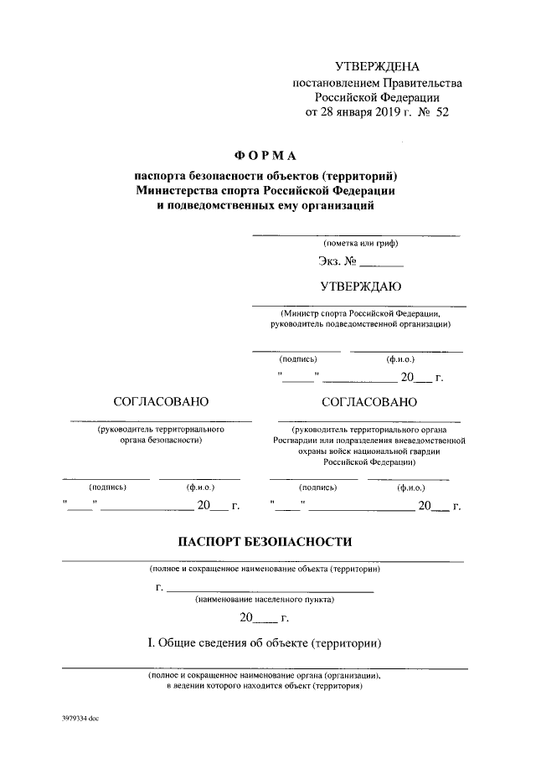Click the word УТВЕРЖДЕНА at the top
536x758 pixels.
pos(377,66)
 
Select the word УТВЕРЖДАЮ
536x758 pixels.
pos(361,286)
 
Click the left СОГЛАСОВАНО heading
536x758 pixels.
pos(161,401)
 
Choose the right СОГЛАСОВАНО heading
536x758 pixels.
pos(368,401)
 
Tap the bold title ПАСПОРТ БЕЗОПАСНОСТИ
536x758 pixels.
pos(265,542)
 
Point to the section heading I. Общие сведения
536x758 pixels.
pos(265,643)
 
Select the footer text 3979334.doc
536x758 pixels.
pos(80,718)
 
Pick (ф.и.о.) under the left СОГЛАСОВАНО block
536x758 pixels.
pos(201,487)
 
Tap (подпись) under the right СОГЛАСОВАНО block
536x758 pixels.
pos(318,487)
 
